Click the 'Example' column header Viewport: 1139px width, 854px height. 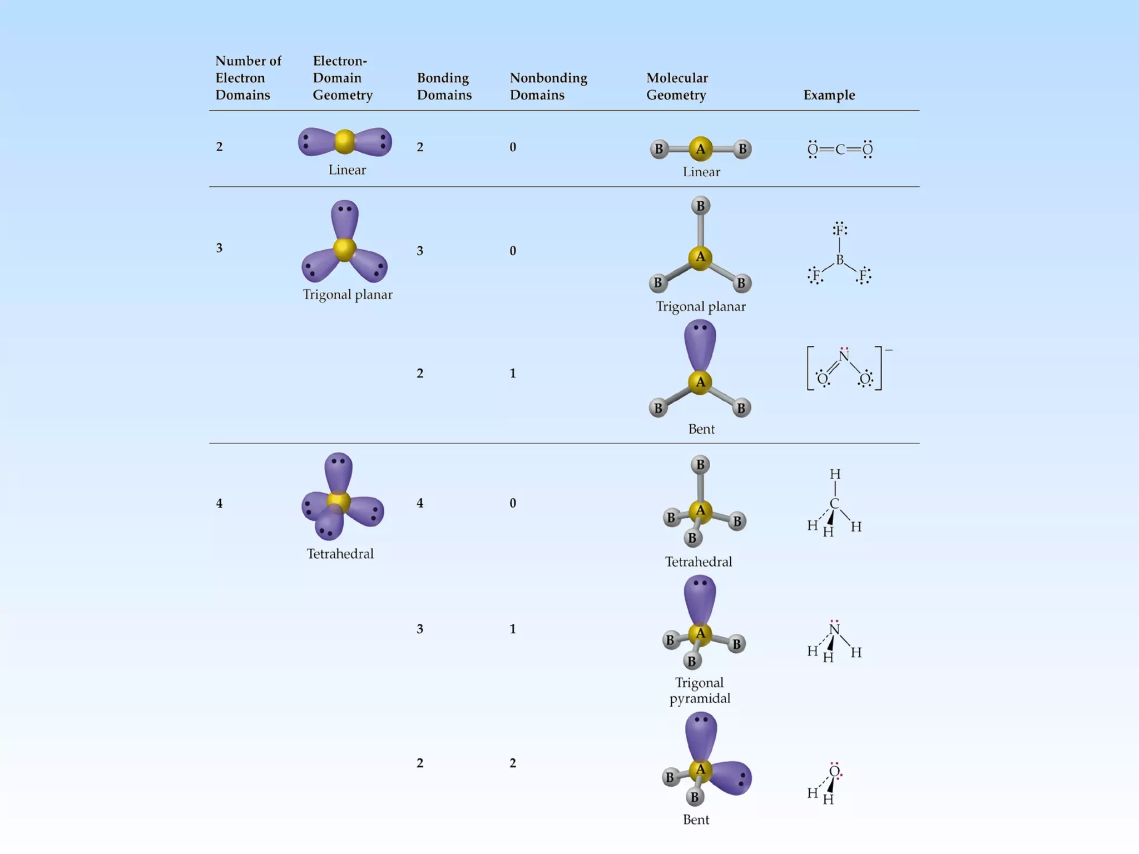coord(829,95)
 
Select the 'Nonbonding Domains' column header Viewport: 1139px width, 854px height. coord(548,86)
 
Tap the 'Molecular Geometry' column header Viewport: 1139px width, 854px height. coord(677,86)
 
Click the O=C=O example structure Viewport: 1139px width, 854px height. coord(840,149)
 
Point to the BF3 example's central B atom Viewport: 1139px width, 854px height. coord(840,260)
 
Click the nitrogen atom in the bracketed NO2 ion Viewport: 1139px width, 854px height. coord(844,356)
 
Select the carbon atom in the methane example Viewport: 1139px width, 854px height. coord(834,504)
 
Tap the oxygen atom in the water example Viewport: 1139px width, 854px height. coord(834,771)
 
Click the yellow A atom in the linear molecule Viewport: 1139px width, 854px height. coord(700,149)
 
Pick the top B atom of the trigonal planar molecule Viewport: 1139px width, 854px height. coord(700,206)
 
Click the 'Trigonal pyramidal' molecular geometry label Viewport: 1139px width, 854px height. coord(700,691)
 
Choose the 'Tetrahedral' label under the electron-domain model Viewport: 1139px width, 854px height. coord(340,554)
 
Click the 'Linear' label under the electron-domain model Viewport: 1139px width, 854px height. coord(347,170)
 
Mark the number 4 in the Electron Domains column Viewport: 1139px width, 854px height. coord(219,504)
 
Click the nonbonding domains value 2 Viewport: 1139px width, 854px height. coord(513,763)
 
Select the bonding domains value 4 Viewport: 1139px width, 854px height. coord(420,504)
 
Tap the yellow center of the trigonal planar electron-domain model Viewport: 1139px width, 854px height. coord(344,249)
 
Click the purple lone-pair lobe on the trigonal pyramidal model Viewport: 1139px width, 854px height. coord(700,598)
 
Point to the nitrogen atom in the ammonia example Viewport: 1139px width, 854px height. coord(834,630)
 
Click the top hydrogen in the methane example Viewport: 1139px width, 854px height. coord(835,474)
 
